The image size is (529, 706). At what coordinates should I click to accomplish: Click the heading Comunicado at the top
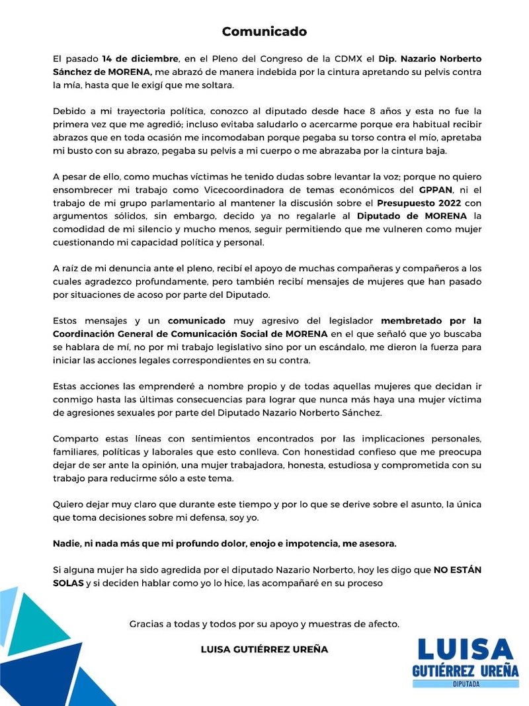[x=264, y=31]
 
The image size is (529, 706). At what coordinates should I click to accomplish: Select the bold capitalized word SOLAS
[x=68, y=582]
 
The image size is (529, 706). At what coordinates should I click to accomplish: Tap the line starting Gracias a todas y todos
[x=264, y=623]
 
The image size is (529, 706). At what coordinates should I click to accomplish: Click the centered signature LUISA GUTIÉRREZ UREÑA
[x=264, y=650]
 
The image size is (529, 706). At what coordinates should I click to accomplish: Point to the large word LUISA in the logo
[x=465, y=649]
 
